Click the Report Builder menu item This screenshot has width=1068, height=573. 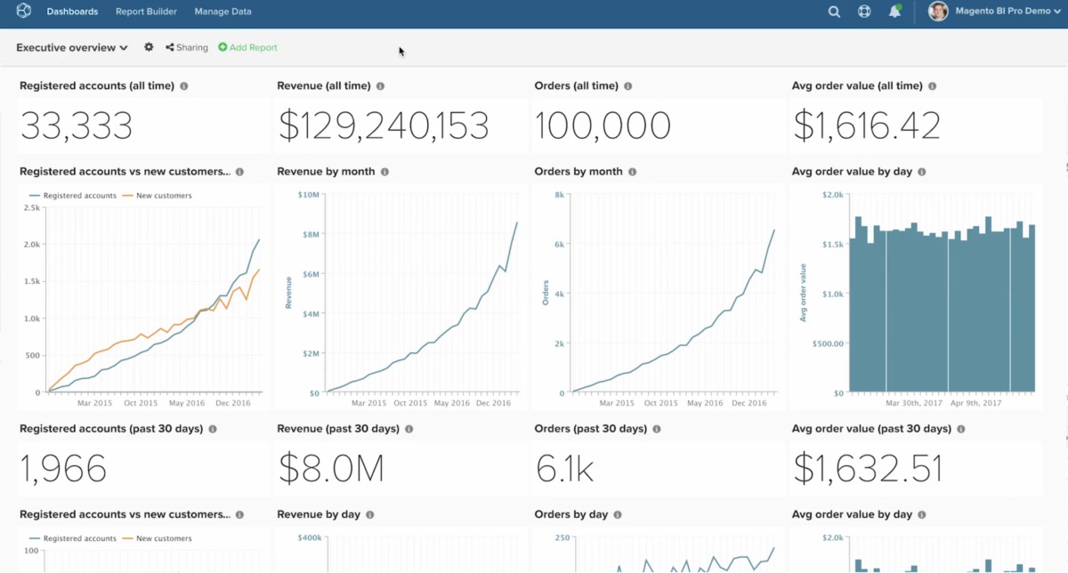[146, 12]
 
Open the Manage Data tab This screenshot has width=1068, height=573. [222, 12]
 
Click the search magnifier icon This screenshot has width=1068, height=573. [834, 12]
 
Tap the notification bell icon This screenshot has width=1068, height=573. [894, 12]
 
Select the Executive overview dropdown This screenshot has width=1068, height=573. [72, 48]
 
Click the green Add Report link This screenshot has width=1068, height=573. [248, 48]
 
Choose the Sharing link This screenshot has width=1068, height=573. [187, 48]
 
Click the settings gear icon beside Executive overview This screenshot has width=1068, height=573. [149, 47]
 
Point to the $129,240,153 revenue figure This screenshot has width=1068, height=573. [384, 126]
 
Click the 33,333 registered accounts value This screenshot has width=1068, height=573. [77, 126]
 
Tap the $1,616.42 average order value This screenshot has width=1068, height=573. [867, 126]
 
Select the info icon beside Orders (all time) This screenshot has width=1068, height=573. [627, 86]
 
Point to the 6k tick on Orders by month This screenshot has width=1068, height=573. [560, 244]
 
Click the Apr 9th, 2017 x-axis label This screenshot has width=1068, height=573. [976, 402]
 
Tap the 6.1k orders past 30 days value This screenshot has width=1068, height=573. [565, 468]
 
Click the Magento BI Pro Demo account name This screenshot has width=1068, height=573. [1002, 12]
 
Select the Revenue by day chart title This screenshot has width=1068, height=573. [318, 514]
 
